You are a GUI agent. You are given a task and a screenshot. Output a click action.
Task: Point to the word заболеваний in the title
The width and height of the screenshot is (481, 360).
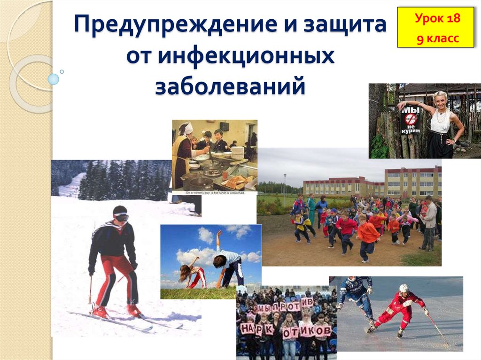coord(230,87)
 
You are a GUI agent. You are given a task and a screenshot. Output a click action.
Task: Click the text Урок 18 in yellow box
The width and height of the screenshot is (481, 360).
coord(437,19)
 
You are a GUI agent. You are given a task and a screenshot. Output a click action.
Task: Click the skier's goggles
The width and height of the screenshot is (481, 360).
coord(121,217)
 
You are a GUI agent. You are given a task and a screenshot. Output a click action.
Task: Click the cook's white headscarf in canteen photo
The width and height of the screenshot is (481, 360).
coord(188,128)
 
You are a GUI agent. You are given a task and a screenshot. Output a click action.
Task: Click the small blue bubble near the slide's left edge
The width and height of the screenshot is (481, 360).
coord(54,79)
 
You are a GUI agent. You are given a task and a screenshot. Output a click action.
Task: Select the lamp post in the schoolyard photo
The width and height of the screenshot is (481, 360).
coord(285,188)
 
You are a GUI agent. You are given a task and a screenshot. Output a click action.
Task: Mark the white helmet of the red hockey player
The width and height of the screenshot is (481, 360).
coord(403,288)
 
